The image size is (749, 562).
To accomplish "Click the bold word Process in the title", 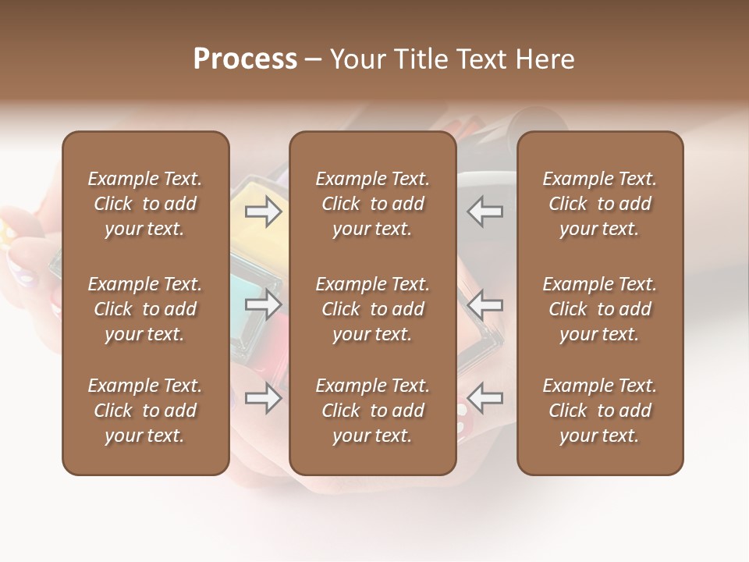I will [x=245, y=59].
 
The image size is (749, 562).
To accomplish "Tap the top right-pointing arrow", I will [x=264, y=212].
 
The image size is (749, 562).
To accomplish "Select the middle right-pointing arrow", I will [x=264, y=304].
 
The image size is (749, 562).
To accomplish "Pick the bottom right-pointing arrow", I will [x=264, y=398].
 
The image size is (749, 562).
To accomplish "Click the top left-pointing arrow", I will [x=485, y=212].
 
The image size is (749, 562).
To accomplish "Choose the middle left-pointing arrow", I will [x=485, y=304].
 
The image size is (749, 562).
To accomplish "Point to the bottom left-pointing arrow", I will [x=485, y=398].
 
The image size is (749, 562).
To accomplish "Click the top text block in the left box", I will [x=145, y=204].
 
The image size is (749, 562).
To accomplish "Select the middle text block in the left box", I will [x=145, y=309].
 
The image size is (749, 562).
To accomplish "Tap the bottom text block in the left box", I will [x=145, y=411].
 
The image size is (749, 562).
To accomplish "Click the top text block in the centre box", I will [x=373, y=204].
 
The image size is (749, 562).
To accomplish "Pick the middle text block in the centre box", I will [x=373, y=309].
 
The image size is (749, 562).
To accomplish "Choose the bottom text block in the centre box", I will [x=373, y=411].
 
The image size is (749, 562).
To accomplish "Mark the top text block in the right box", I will [x=600, y=204].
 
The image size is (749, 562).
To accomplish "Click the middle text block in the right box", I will [x=600, y=309].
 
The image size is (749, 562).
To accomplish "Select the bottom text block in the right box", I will [x=600, y=411].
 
